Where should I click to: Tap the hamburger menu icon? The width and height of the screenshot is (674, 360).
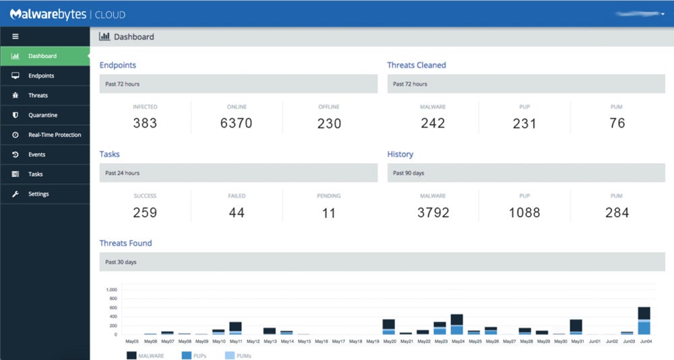point(15,36)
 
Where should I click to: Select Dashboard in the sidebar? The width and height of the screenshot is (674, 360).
point(42,56)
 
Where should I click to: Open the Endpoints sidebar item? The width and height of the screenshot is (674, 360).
point(41,76)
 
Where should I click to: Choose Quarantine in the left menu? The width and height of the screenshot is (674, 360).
point(42,115)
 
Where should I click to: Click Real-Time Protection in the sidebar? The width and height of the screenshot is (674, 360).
point(54,135)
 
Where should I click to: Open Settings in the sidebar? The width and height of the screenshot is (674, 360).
point(38,194)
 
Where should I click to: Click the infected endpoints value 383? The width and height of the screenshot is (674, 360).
point(145,123)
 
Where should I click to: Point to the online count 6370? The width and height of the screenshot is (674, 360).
point(237,123)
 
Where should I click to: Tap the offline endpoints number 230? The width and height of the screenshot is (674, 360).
point(329,123)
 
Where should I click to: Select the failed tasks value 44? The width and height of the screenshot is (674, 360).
point(237,212)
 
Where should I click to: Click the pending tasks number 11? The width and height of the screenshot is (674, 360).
point(329,212)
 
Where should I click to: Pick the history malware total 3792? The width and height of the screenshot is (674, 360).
point(433,212)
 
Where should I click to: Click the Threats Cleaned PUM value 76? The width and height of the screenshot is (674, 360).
point(617,123)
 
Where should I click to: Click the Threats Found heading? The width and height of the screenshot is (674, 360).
point(126,243)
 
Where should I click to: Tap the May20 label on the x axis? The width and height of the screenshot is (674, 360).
point(389,342)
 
